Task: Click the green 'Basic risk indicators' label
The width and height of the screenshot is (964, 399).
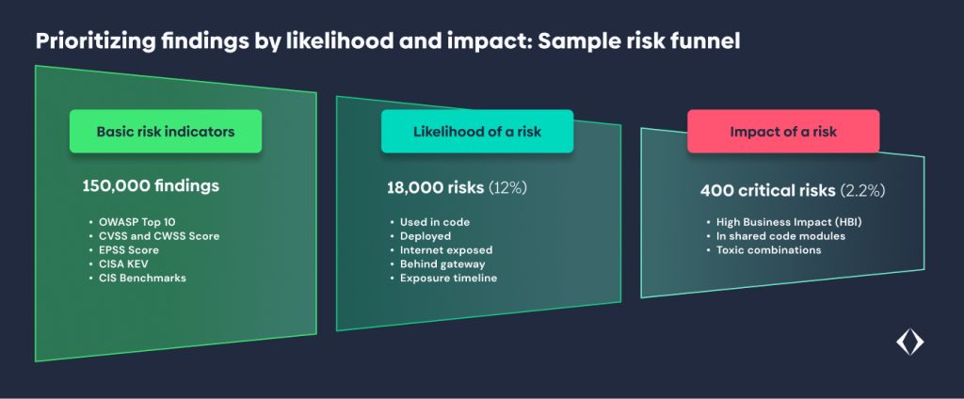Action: (x=166, y=132)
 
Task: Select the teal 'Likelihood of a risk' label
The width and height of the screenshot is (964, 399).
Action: (x=477, y=132)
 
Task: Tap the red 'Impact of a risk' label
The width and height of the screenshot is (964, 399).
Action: (x=783, y=132)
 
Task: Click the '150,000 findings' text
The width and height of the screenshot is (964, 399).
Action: (x=151, y=185)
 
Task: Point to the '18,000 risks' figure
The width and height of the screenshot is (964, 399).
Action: (x=435, y=188)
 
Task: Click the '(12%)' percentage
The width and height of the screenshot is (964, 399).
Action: (x=507, y=188)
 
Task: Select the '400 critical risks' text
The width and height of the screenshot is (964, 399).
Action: (x=768, y=191)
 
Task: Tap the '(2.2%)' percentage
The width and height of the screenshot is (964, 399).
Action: (x=862, y=191)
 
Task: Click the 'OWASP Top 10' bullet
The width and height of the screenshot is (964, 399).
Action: (x=132, y=222)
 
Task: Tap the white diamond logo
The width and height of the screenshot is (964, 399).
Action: (x=910, y=343)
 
